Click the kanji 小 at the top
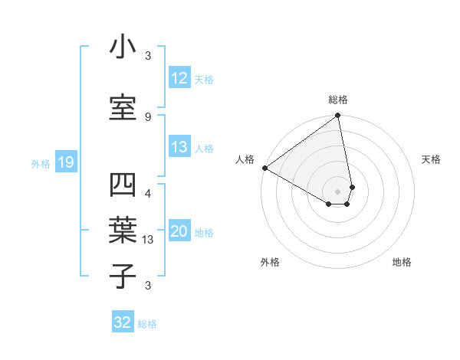click(x=123, y=47)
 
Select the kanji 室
click(x=123, y=105)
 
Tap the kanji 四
click(x=123, y=186)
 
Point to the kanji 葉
click(x=123, y=229)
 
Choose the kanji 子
click(x=123, y=275)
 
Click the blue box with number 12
click(x=179, y=79)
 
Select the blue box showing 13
click(x=179, y=148)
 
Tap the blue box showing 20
click(x=179, y=232)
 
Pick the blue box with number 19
click(x=65, y=162)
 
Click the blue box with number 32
click(x=123, y=322)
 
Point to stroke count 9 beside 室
click(x=148, y=116)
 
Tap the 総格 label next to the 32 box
click(x=147, y=324)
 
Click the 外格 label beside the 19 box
click(x=41, y=163)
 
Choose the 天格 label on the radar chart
click(x=431, y=159)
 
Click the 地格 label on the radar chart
click(x=402, y=263)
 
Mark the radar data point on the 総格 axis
click(x=338, y=116)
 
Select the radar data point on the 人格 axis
click(x=264, y=168)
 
